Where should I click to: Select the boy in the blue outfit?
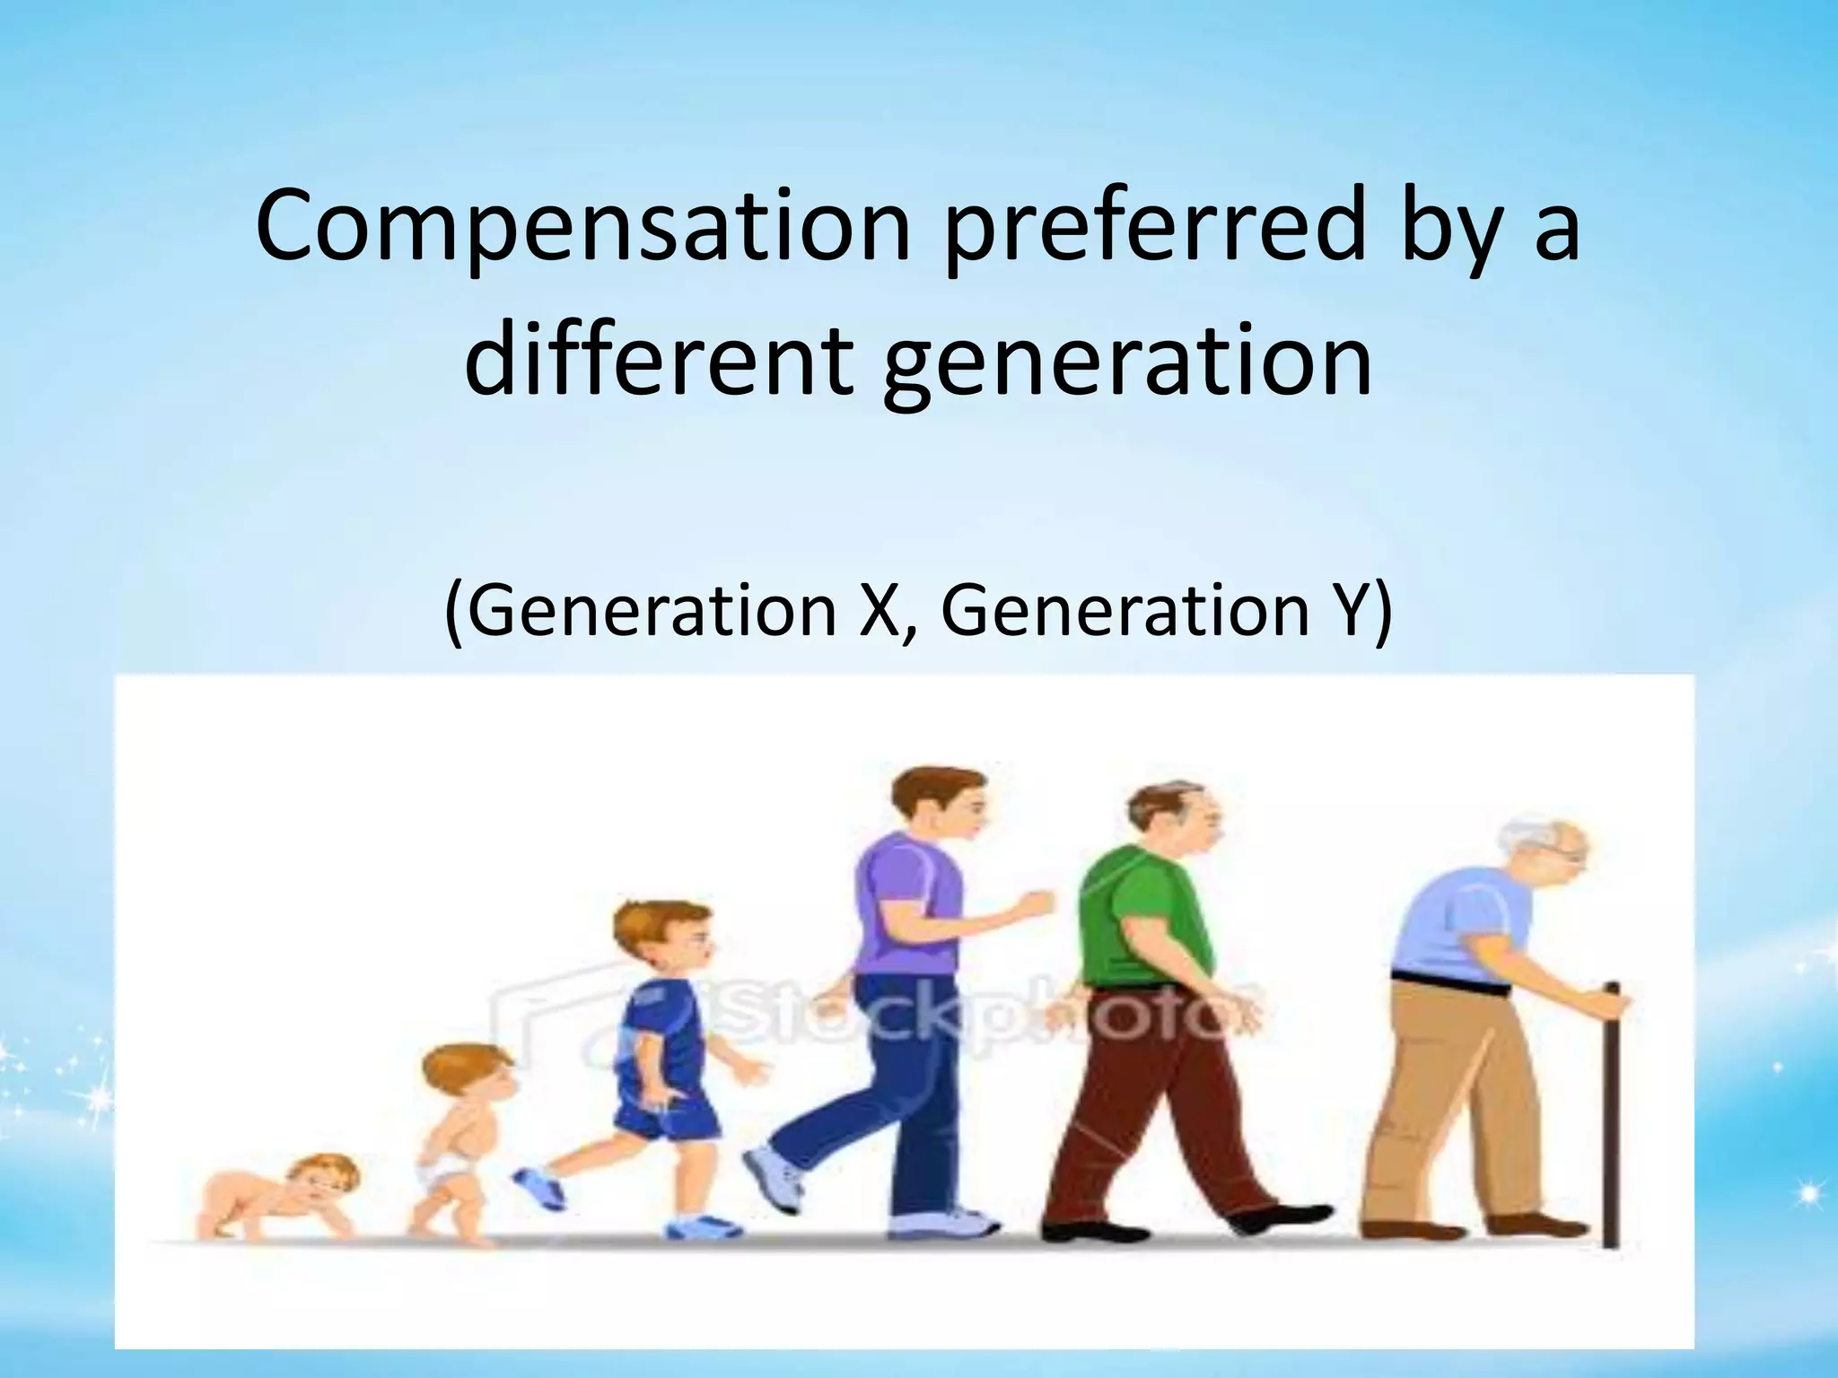click(x=664, y=1032)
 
